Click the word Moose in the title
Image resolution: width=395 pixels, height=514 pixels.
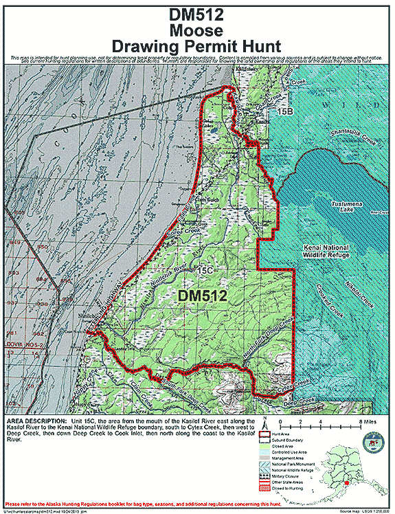(198, 30)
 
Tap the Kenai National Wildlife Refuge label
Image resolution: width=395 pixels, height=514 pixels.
(326, 251)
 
